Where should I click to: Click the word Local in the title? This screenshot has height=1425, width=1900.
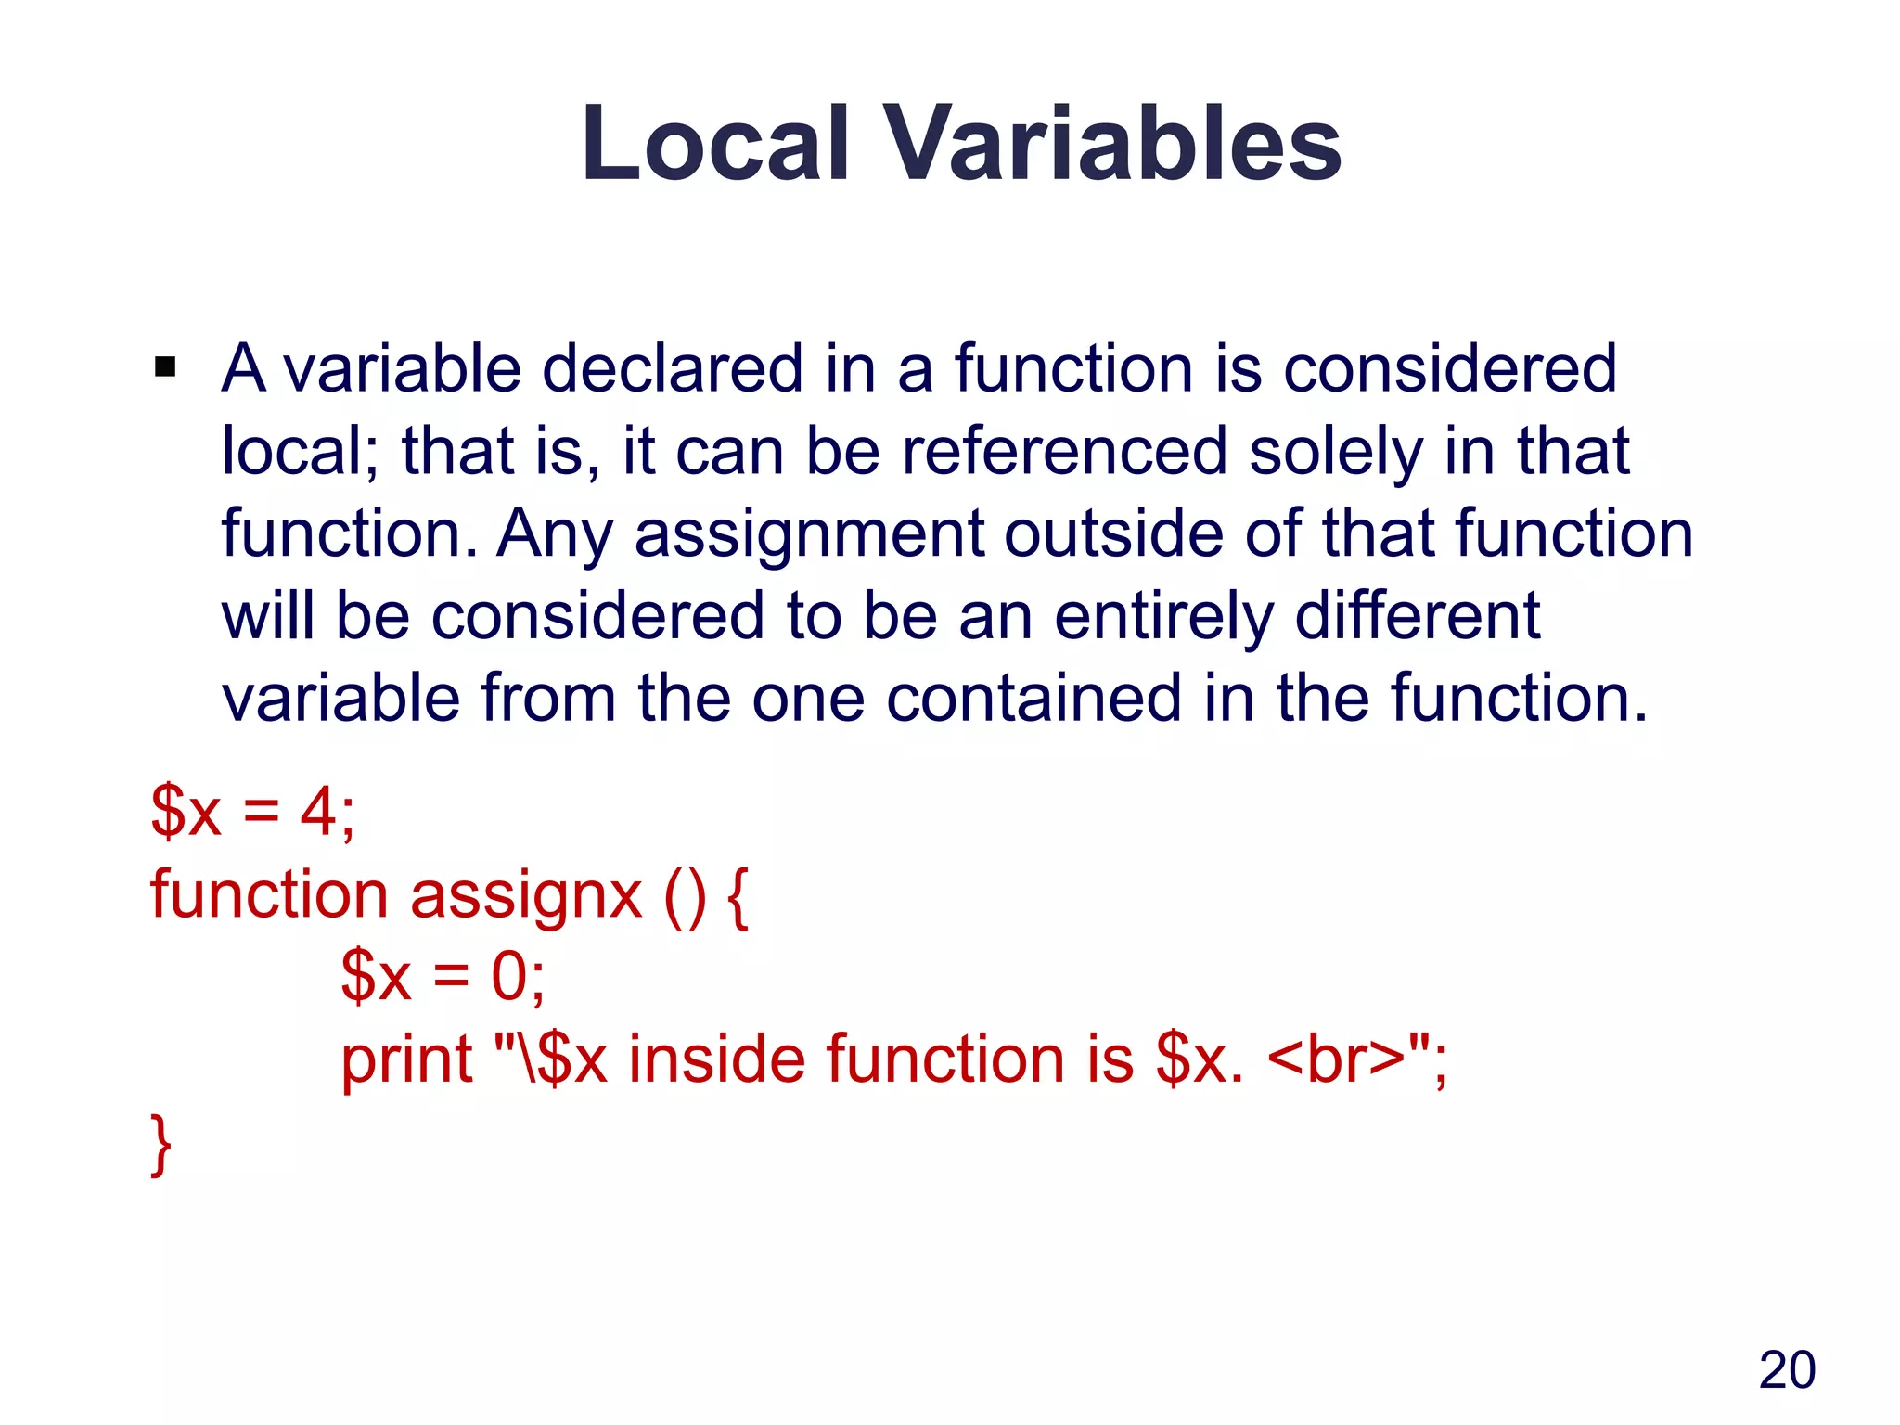coord(715,144)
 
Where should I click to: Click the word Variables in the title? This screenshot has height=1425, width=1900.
coord(1112,144)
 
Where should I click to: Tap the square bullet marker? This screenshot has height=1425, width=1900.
coord(165,367)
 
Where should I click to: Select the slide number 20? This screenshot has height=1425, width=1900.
coord(1787,1369)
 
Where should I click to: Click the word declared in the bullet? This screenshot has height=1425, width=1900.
coord(673,368)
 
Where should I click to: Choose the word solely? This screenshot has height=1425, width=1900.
coord(1336,452)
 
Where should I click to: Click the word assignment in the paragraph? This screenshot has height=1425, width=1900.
coord(809,534)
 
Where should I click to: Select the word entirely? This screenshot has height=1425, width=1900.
coord(1164,617)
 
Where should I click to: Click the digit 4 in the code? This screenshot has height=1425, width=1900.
coord(316,811)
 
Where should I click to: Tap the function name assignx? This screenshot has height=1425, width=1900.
coord(526,895)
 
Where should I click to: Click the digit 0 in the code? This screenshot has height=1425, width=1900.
coord(509,976)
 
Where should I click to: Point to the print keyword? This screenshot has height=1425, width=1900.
coord(407,1059)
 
